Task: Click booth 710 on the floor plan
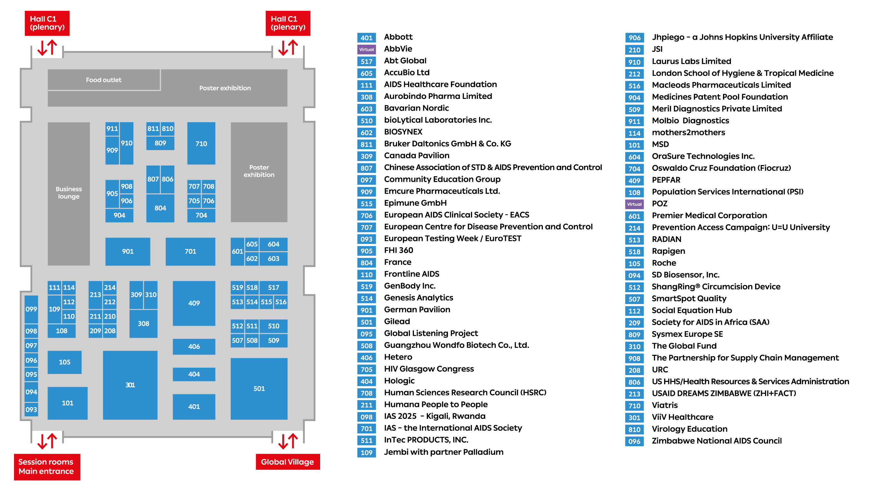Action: click(201, 143)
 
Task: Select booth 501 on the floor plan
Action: click(259, 388)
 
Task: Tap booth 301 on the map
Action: click(130, 385)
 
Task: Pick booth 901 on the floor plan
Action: click(128, 251)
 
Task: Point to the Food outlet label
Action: click(103, 80)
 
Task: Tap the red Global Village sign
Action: click(288, 462)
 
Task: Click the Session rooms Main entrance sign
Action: click(47, 467)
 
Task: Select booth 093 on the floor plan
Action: click(31, 409)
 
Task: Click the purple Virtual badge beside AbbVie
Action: click(366, 49)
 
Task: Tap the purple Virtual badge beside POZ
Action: click(634, 204)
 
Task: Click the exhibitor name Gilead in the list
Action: click(397, 322)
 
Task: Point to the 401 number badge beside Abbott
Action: click(366, 38)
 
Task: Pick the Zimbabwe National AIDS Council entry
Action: click(717, 441)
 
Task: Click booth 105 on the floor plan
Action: click(64, 362)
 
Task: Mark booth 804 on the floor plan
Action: click(160, 208)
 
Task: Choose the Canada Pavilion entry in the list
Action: click(417, 156)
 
